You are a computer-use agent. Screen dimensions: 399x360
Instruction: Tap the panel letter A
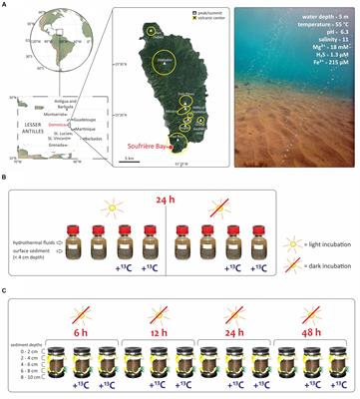click(6, 5)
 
